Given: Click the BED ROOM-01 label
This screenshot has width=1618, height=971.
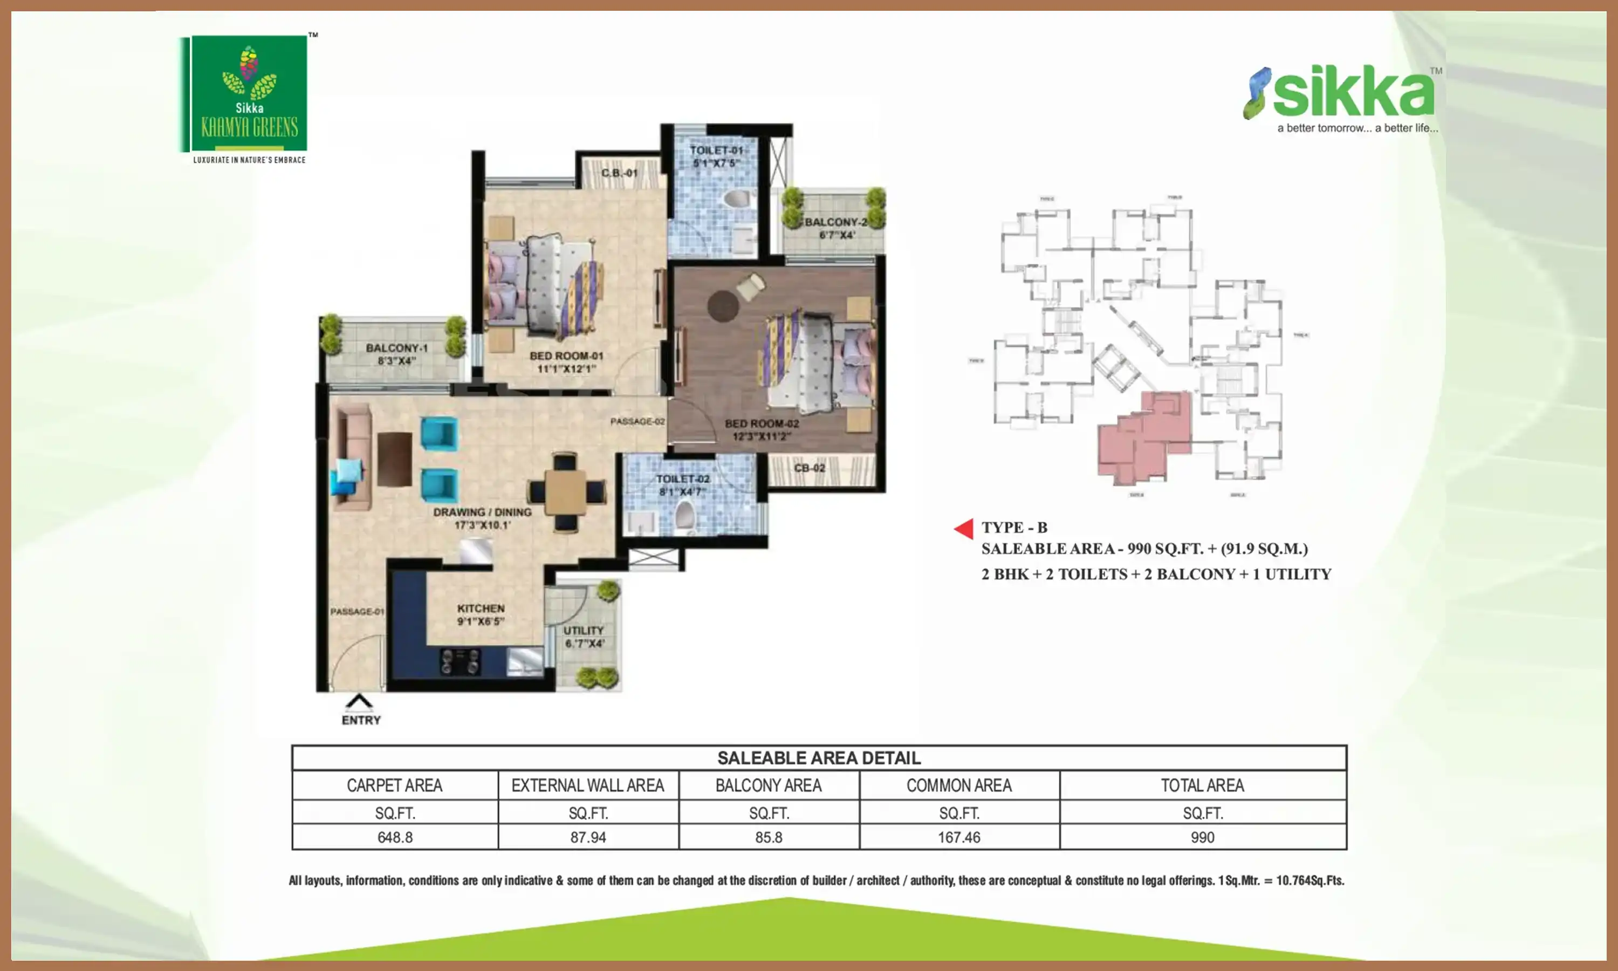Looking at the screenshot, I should pos(566,362).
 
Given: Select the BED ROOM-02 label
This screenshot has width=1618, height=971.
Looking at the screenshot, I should pos(762,429).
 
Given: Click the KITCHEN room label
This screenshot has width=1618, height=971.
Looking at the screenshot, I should pos(481,614).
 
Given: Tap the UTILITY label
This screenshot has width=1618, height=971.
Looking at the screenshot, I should pos(584,636).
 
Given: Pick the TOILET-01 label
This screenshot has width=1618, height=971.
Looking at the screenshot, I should pos(716,156).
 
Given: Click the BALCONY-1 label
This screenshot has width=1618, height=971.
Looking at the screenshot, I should pos(396,354).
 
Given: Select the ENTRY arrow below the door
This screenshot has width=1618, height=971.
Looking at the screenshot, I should pos(359,703).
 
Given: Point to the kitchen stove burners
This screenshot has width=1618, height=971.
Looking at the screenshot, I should pos(460,661).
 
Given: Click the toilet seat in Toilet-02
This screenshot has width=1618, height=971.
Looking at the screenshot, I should pos(684,516).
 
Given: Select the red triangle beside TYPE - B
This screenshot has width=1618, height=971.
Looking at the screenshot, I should pos(964,528).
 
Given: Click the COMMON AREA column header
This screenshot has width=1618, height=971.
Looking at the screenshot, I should pos(959,785).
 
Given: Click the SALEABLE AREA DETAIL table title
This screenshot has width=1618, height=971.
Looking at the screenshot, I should pos(819,758).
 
